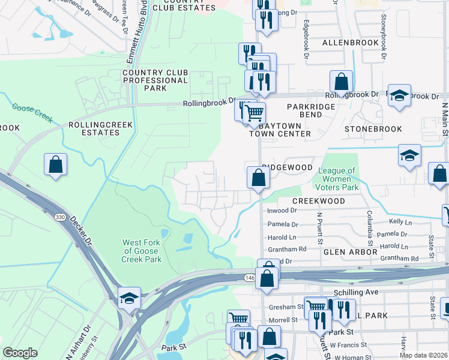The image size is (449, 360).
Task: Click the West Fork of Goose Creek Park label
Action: (x=142, y=251)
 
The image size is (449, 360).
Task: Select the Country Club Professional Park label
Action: (x=155, y=80)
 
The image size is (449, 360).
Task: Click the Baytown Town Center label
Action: (x=280, y=130)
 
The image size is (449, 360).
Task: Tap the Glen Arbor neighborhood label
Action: (x=349, y=253)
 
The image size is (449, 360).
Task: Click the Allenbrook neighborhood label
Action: (x=350, y=43)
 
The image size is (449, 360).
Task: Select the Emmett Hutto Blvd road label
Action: (x=136, y=33)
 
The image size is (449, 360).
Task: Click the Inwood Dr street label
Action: (x=282, y=211)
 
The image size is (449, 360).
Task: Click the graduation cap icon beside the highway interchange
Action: (x=129, y=298)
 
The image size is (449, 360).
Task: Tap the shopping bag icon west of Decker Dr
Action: (x=55, y=164)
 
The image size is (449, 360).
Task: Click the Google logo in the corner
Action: (x=20, y=352)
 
